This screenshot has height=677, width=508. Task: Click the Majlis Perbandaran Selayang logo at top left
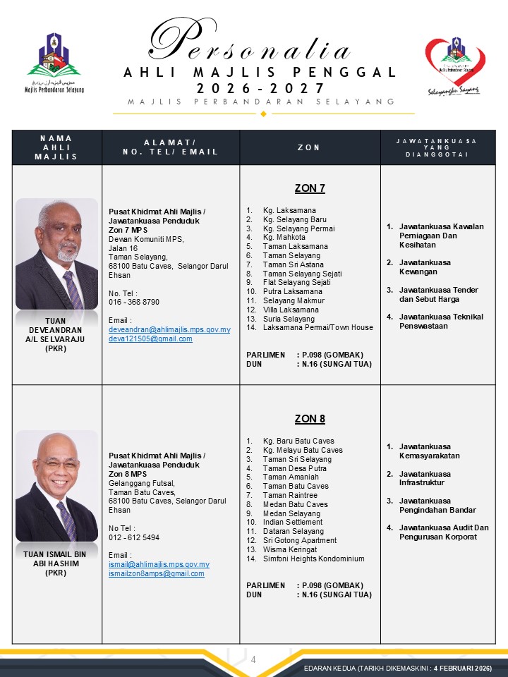54,62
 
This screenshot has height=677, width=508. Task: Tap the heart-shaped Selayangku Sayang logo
454,65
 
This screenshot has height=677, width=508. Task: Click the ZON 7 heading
310,188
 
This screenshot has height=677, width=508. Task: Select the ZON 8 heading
310,419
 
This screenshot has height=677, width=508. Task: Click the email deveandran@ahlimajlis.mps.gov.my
169,329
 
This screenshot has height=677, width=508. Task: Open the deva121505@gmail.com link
150,338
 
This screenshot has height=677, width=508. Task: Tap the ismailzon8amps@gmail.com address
157,573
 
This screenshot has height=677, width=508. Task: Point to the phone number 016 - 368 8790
134,302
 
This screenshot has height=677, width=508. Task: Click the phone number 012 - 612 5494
134,537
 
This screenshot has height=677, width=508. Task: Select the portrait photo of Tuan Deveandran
57,254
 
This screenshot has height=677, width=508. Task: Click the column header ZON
310,147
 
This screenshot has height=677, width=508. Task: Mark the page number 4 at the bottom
253,659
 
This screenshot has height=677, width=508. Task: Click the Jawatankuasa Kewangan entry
425,267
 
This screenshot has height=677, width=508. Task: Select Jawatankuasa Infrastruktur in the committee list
425,478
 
